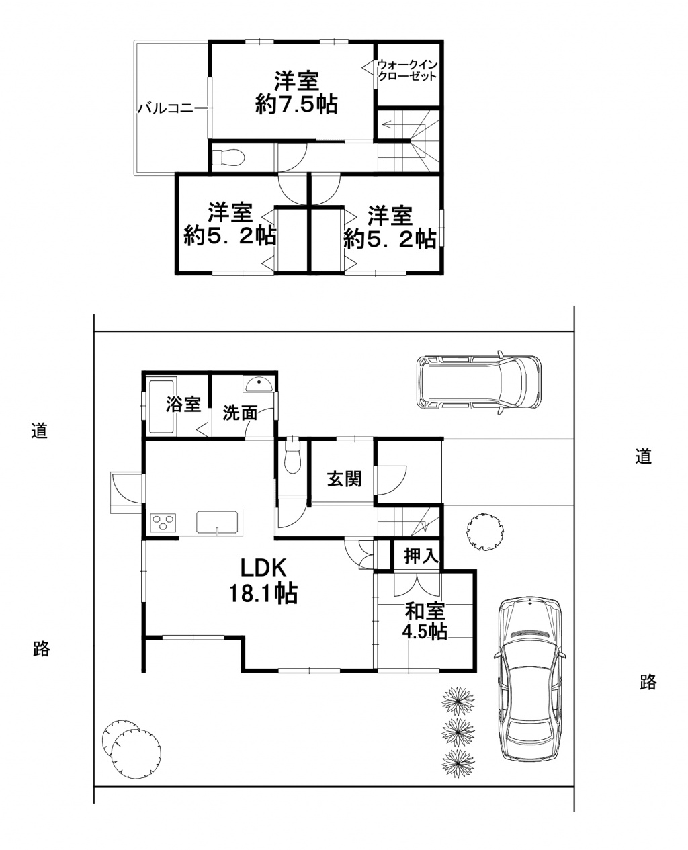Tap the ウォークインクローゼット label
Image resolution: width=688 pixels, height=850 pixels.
coord(407,71)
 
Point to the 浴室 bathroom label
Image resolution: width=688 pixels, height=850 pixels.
coord(183,405)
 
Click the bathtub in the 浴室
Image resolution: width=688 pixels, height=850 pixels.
coord(162,407)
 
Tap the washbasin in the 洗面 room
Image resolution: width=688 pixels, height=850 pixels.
coord(259,384)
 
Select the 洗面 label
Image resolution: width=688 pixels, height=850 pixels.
coord(240,413)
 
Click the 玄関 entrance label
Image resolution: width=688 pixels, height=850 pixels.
coord(344,479)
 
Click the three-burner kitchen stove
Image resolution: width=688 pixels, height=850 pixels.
coord(163,522)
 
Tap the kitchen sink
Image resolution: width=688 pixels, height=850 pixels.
coord(217,522)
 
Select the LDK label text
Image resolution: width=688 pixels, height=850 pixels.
coord(263,567)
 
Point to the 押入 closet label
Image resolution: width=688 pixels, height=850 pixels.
coord(421,556)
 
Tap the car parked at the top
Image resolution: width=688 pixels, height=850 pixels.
coord(478,383)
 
